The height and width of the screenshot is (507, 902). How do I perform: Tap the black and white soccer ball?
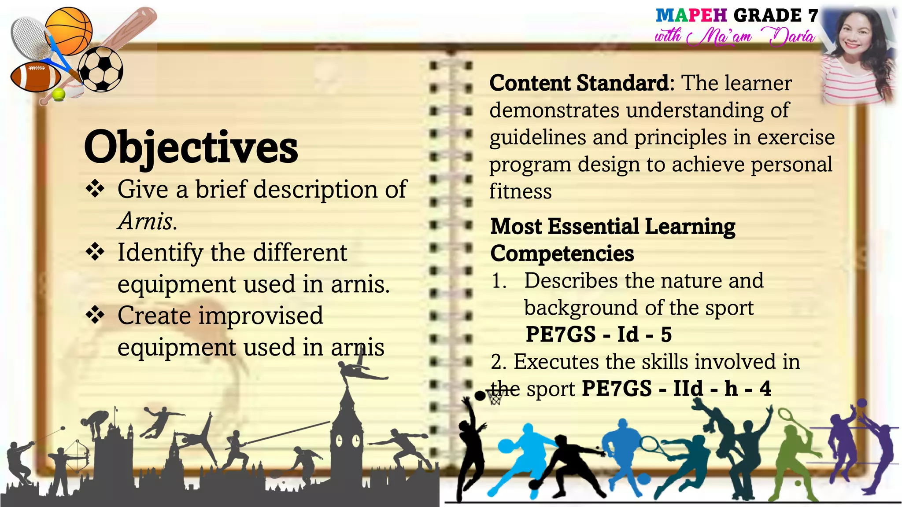pyautogui.click(x=101, y=70)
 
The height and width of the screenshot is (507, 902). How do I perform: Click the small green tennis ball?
pyautogui.click(x=59, y=94)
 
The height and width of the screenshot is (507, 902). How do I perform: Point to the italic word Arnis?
pyautogui.click(x=147, y=221)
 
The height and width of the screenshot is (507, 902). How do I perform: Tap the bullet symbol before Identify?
pyautogui.click(x=95, y=253)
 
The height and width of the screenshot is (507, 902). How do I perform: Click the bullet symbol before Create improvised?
pyautogui.click(x=95, y=316)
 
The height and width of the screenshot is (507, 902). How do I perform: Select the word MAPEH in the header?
pyautogui.click(x=691, y=16)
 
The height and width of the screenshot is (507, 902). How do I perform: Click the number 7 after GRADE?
pyautogui.click(x=813, y=16)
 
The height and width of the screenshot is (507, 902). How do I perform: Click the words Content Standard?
pyautogui.click(x=579, y=83)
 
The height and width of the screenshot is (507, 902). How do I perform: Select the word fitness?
pyautogui.click(x=520, y=191)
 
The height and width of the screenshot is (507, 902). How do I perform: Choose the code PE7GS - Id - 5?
pyautogui.click(x=599, y=334)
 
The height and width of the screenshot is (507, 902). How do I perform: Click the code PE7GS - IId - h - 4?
pyautogui.click(x=676, y=389)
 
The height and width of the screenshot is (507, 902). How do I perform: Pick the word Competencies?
pyautogui.click(x=562, y=253)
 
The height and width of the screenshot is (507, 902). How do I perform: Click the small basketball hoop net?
pyautogui.click(x=495, y=399)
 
